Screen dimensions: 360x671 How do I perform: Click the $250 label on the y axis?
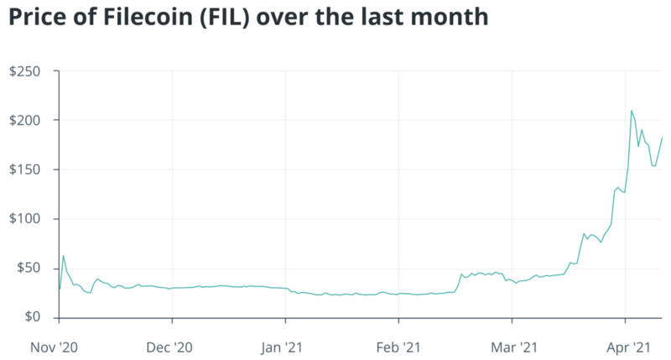pos(25,71)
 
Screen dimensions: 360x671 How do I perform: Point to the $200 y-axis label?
pos(25,121)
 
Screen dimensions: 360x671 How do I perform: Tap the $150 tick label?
pos(25,170)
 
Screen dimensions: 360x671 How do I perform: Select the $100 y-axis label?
pos(25,219)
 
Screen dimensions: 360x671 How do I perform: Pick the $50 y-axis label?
pos(29,269)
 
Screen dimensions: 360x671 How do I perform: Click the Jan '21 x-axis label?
pos(285,345)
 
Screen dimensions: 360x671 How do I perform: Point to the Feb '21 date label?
pos(398,345)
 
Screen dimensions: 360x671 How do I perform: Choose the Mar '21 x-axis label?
pos(512,345)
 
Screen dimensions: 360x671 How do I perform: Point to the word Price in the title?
pos(35,18)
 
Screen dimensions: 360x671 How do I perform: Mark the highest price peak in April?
pos(632,111)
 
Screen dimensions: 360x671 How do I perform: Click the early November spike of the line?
pos(63,256)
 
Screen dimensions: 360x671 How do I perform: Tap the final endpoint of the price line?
pos(662,138)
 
